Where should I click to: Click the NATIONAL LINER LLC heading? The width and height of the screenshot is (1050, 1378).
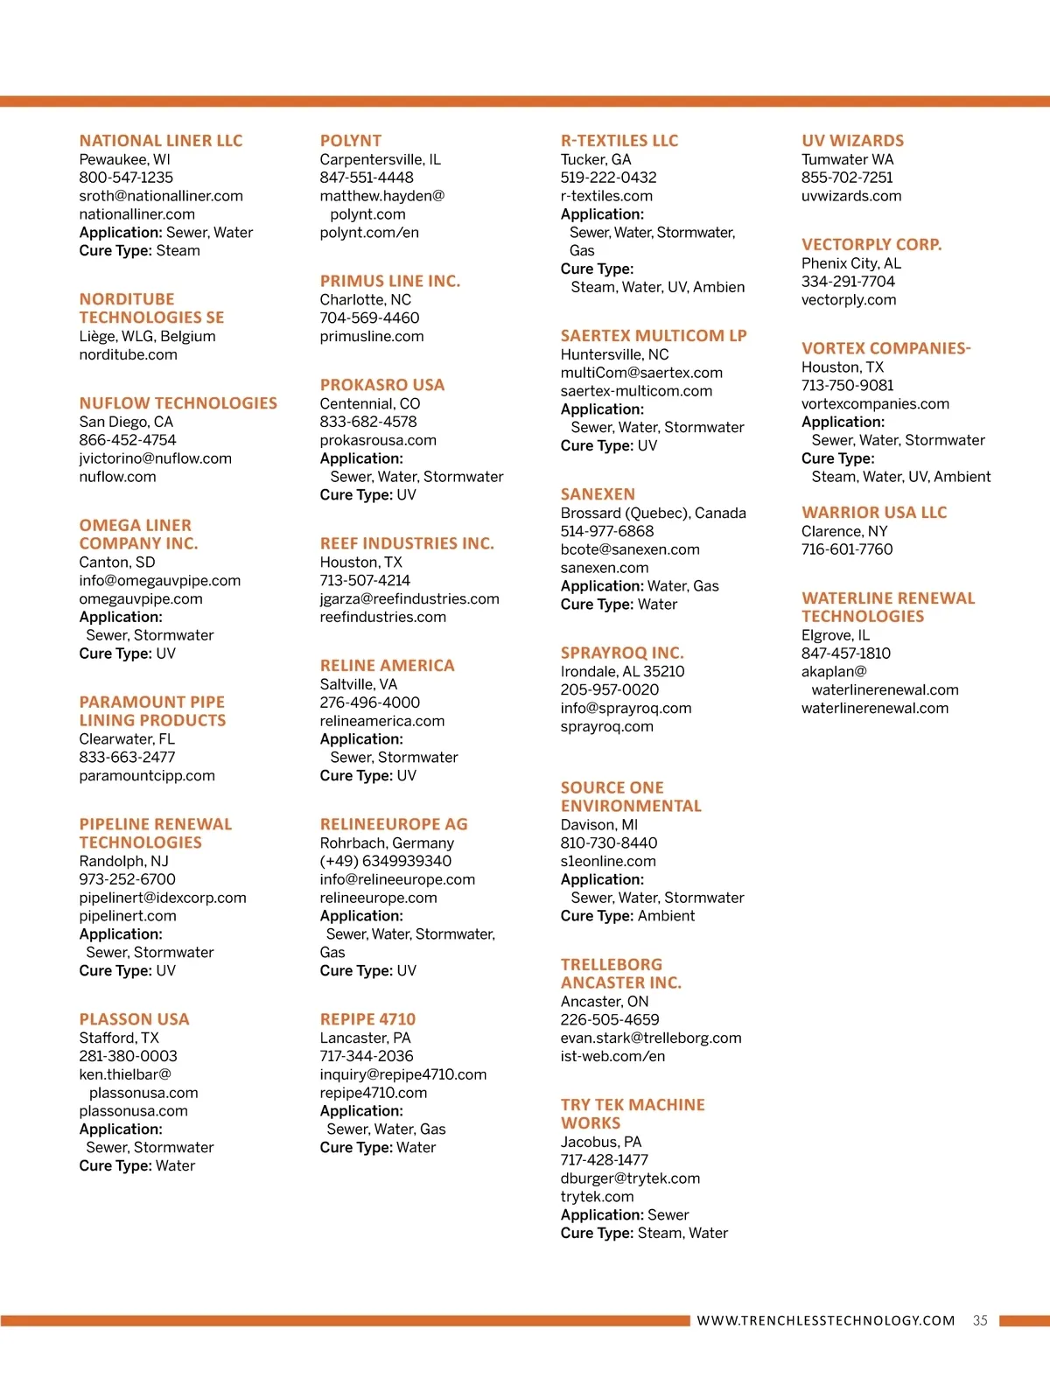click(x=161, y=141)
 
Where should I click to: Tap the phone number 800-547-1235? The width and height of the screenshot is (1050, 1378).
click(x=126, y=178)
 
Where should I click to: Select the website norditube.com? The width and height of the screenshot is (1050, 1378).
click(x=128, y=354)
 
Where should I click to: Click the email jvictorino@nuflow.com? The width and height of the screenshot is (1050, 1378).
click(x=155, y=458)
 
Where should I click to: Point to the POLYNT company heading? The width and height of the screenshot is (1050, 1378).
click(x=351, y=141)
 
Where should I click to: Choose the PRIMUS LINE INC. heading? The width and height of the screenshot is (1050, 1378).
click(x=389, y=281)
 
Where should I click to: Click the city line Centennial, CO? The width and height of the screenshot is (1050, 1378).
click(x=369, y=403)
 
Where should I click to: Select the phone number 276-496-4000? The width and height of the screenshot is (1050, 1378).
click(x=369, y=703)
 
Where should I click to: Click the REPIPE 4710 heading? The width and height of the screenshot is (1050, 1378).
click(x=367, y=1019)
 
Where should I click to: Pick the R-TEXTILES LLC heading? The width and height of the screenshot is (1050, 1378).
click(x=619, y=141)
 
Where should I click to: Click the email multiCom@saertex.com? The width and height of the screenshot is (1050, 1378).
click(x=641, y=373)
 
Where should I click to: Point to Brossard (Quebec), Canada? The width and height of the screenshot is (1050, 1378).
click(x=653, y=513)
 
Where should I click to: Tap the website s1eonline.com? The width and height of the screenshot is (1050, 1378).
click(x=608, y=861)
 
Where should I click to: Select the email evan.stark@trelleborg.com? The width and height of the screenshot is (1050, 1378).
click(x=651, y=1038)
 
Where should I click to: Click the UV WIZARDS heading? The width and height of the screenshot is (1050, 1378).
click(x=852, y=141)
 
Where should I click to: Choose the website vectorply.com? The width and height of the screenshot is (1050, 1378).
click(x=849, y=300)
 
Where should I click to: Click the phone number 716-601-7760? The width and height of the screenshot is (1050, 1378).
click(x=847, y=549)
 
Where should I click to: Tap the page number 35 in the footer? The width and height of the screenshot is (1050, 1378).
click(x=980, y=1320)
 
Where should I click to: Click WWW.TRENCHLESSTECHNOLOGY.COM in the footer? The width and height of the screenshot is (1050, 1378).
click(x=825, y=1320)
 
